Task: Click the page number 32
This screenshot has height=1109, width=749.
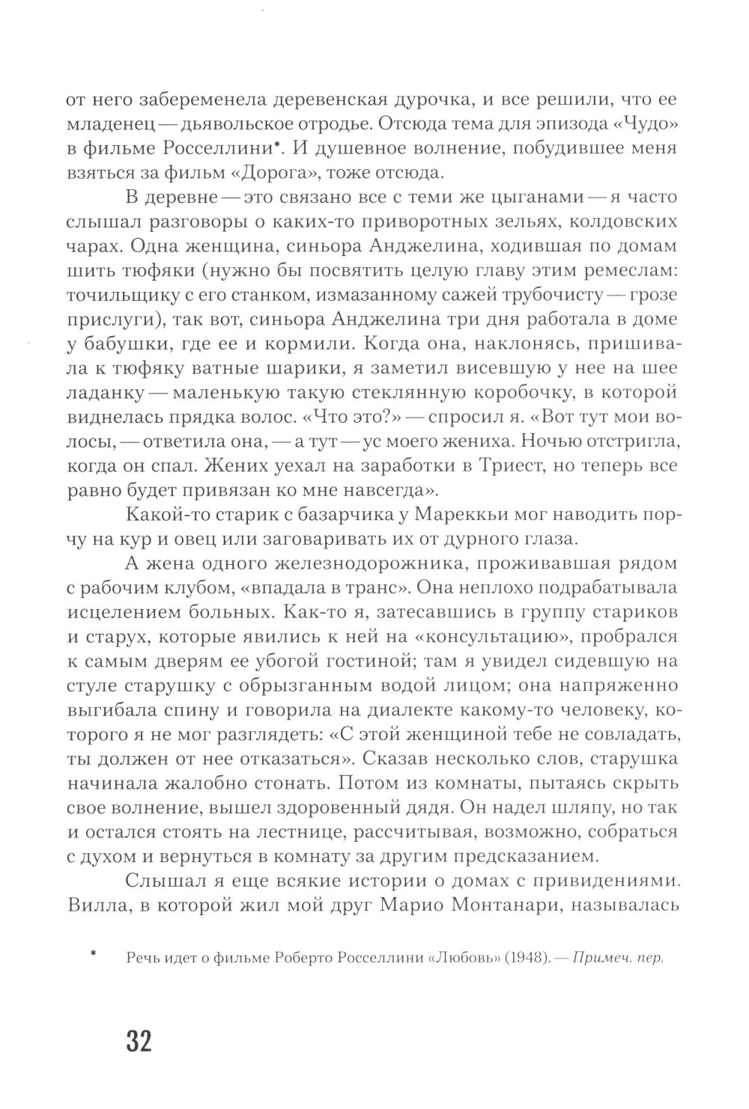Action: click(139, 1041)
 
